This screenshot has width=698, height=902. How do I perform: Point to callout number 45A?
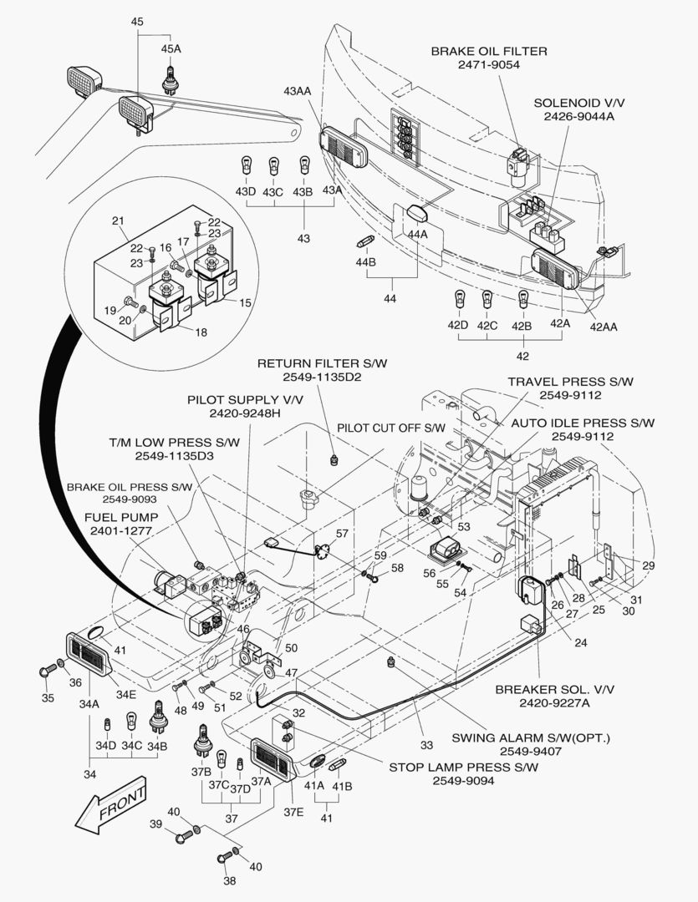pyautogui.click(x=171, y=49)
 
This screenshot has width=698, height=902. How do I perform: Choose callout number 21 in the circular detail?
pyautogui.click(x=118, y=220)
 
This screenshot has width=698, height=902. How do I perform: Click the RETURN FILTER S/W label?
pyautogui.click(x=323, y=364)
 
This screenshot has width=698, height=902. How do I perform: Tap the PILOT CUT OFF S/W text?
pyautogui.click(x=391, y=428)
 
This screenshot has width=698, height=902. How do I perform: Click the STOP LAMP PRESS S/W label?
pyautogui.click(x=463, y=767)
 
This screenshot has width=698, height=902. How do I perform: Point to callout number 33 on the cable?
pyautogui.click(x=427, y=745)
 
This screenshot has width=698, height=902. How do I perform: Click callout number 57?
pyautogui.click(x=341, y=534)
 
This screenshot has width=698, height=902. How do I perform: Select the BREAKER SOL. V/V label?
pyautogui.click(x=555, y=690)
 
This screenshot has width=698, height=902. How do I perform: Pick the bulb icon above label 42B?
pyautogui.click(x=522, y=298)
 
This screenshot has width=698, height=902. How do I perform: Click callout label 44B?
pyautogui.click(x=365, y=262)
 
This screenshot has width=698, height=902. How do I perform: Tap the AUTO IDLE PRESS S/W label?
pyautogui.click(x=583, y=423)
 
